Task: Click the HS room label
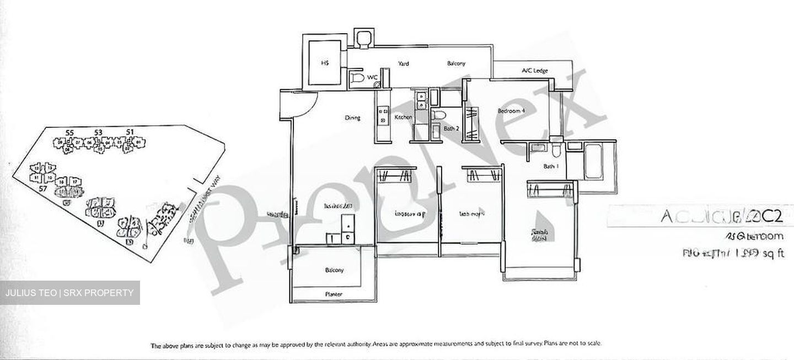click(x=325, y=63)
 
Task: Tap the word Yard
click(x=403, y=64)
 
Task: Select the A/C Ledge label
click(x=533, y=71)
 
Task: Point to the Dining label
click(x=352, y=117)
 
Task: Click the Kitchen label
click(x=403, y=117)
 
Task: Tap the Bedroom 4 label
click(x=511, y=111)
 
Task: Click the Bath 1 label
click(x=550, y=166)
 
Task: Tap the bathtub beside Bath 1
click(x=593, y=162)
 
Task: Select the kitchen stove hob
click(x=381, y=116)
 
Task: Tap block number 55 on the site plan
click(x=69, y=132)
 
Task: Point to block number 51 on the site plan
click(x=130, y=132)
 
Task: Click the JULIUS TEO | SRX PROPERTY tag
click(x=69, y=293)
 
